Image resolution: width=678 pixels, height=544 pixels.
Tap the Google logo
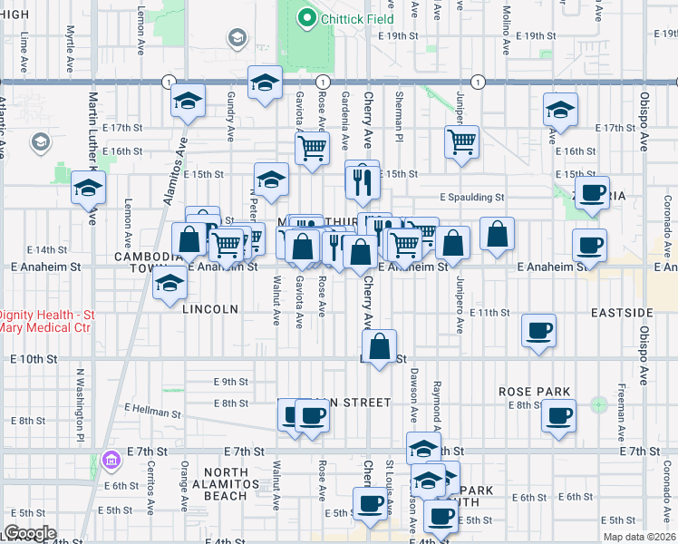(x=30, y=533)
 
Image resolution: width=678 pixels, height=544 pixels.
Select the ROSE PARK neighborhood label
(x=534, y=392)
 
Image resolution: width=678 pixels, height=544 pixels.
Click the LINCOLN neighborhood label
(x=210, y=309)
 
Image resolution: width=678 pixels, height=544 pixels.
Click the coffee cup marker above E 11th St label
(x=539, y=330)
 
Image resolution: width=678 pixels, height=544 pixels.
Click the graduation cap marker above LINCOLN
(x=168, y=284)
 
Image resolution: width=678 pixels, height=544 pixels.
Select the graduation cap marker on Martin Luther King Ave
(x=89, y=188)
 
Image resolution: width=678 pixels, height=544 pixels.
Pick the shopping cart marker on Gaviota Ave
(x=312, y=147)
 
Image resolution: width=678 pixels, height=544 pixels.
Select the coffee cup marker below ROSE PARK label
(x=557, y=416)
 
